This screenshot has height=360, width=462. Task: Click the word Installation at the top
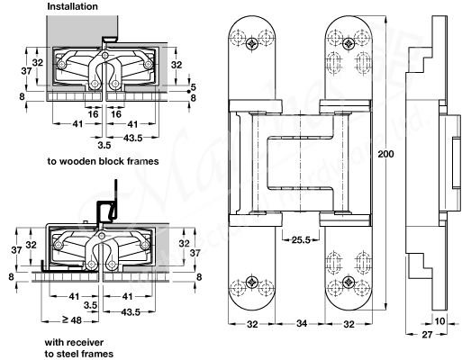point(73,5)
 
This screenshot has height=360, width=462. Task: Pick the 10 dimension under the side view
point(441,320)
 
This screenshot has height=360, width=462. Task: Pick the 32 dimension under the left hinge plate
point(253,325)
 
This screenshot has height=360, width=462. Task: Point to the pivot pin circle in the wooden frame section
point(106,62)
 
